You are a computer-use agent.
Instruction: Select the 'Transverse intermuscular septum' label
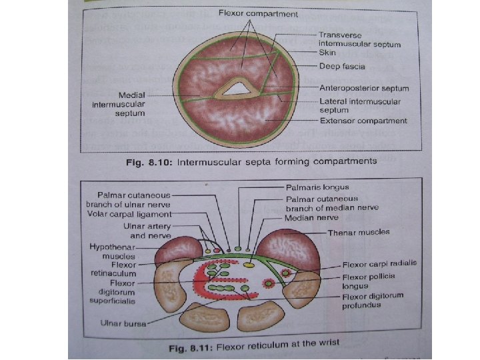[359, 39]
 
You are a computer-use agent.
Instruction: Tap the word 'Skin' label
[327, 53]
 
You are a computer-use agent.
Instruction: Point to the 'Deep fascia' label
[343, 67]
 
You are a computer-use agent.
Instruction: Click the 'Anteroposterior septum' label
[364, 87]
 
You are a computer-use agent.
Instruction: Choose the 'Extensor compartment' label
[363, 121]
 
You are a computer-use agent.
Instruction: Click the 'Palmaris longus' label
[317, 188]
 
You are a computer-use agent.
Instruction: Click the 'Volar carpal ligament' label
[129, 214]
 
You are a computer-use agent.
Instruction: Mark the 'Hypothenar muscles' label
[112, 251]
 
